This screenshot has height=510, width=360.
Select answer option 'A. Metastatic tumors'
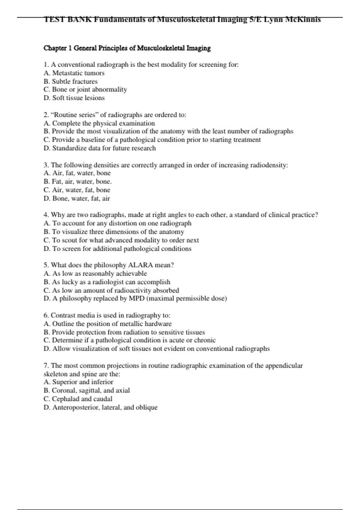coord(74,73)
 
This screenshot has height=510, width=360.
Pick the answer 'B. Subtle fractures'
coord(70,81)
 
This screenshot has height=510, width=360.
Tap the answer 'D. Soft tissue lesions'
coord(74,98)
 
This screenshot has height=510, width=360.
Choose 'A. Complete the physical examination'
coord(99,123)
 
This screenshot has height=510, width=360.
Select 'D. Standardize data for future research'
coord(100,148)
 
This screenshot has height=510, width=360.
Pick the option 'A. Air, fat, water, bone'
coord(77,173)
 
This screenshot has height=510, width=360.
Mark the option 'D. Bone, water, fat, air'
coord(77,198)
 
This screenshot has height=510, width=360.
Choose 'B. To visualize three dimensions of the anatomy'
coord(114,232)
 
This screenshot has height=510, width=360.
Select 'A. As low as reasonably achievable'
coord(95,274)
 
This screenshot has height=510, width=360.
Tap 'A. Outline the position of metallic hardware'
coord(107,324)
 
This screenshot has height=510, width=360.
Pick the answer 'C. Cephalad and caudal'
coord(78,399)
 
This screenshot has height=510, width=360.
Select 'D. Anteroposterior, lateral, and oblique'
coord(100,407)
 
